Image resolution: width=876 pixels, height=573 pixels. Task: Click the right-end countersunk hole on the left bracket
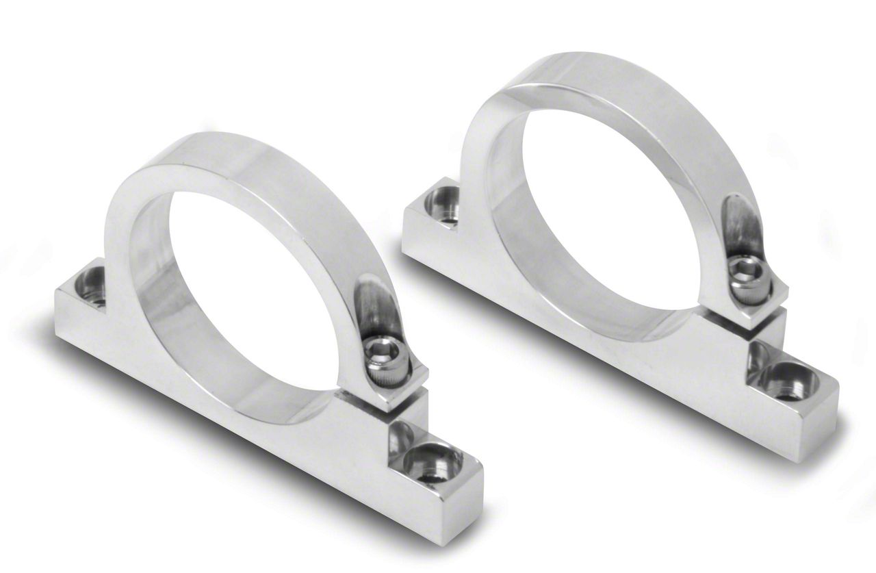pyautogui.click(x=432, y=461)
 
